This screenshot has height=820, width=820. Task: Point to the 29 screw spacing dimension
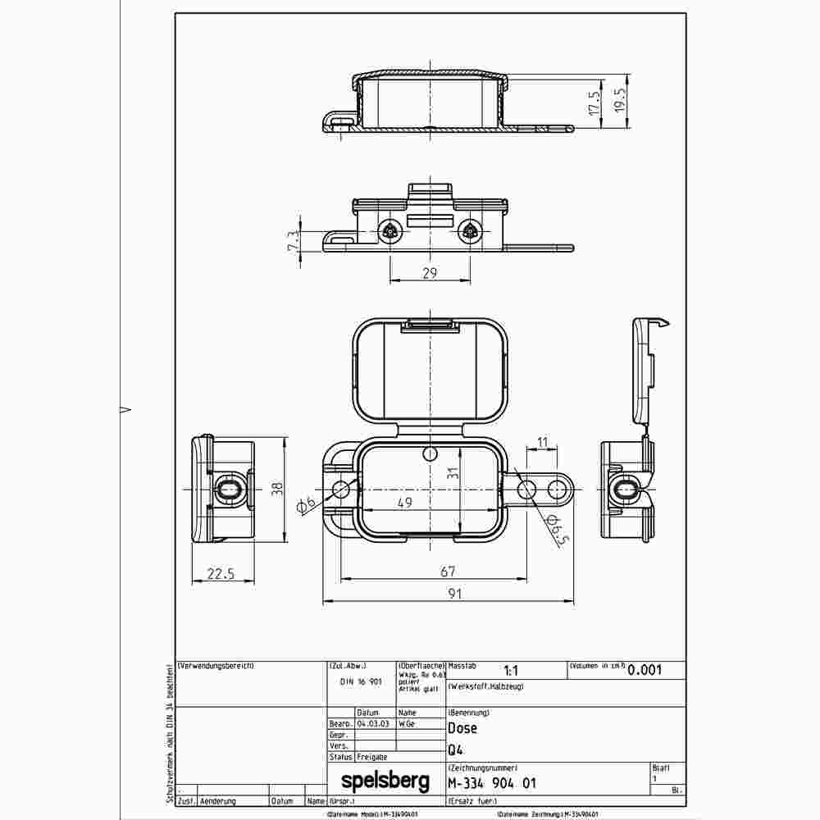430,273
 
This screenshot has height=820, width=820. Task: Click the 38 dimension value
279,489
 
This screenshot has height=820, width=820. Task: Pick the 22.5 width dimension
221,575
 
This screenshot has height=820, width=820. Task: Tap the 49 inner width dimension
405,503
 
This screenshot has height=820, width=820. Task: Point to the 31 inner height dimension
451,471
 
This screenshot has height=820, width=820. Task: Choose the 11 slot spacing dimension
542,443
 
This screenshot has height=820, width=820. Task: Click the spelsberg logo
385,782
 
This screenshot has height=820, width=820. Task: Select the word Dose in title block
462,727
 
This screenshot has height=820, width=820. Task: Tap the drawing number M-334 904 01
493,783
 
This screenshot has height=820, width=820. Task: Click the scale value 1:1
509,670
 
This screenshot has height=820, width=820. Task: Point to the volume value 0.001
645,669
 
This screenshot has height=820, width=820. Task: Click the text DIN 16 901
361,681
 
